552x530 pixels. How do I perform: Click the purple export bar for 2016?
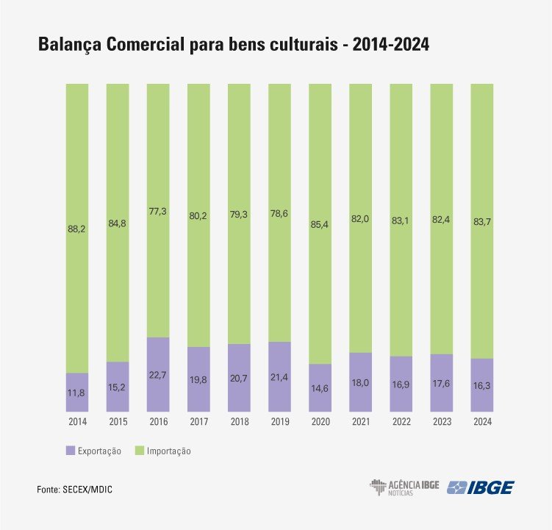tap(158, 373)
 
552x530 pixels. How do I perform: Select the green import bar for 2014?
tap(77, 228)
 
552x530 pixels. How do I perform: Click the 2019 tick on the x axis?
tap(279, 422)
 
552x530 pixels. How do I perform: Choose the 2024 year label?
tap(481, 422)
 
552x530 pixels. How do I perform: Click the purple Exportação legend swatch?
tap(71, 450)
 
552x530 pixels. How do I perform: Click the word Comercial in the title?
tap(170, 46)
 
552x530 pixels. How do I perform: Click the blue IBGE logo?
tap(482, 487)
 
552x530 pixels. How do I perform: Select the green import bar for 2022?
tap(401, 221)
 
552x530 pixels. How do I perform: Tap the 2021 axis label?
tap(360, 422)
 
